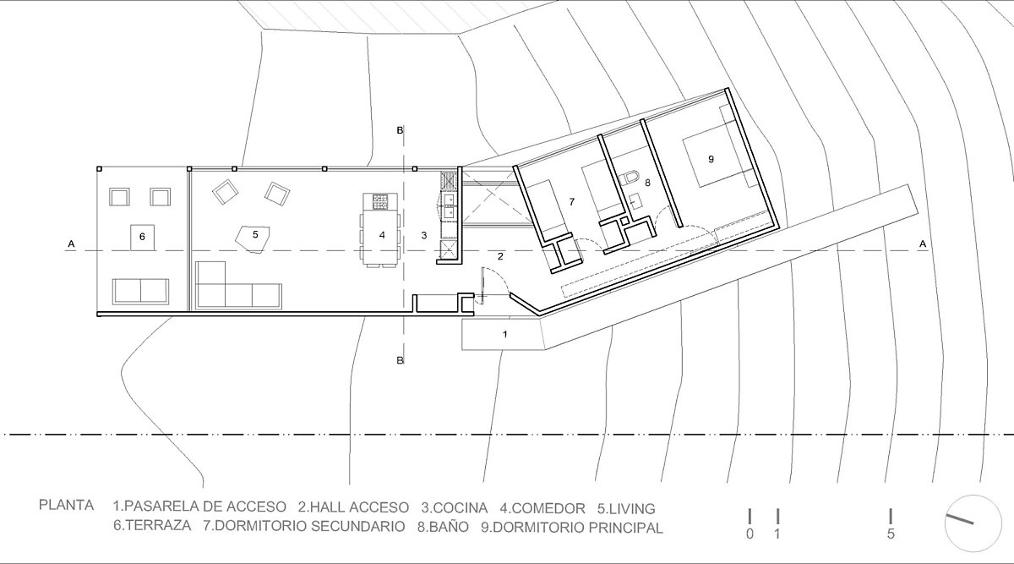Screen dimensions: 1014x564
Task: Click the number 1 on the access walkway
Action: [505, 334]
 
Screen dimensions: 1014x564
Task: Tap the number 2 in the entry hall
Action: [500, 256]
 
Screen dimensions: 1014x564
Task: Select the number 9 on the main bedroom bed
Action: [711, 159]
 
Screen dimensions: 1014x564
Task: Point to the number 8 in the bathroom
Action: [647, 183]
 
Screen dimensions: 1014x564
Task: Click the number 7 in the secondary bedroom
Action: [572, 201]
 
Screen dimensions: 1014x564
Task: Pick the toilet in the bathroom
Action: [630, 178]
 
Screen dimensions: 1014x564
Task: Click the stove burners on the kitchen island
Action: [380, 201]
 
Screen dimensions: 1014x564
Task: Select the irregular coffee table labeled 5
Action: [253, 238]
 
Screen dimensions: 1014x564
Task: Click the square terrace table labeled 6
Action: [142, 238]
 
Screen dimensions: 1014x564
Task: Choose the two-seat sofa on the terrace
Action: [141, 291]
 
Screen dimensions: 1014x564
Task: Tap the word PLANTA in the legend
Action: [67, 505]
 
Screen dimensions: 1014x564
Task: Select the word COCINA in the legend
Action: [455, 508]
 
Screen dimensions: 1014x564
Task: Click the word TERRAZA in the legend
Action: [152, 525]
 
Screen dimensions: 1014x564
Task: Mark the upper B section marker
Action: [400, 130]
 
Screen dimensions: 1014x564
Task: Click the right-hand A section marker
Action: [923, 244]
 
